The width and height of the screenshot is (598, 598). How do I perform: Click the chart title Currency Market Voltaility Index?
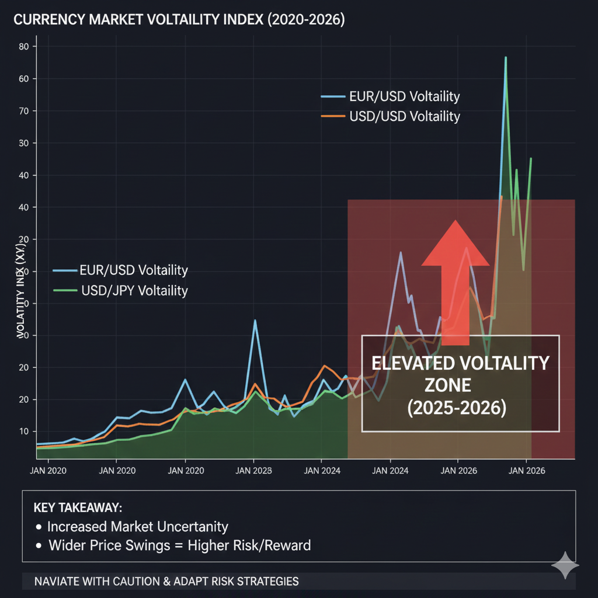[x=179, y=20]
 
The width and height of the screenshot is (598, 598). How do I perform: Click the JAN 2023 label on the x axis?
[x=253, y=470]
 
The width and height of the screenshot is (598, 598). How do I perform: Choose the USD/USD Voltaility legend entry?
[x=404, y=116]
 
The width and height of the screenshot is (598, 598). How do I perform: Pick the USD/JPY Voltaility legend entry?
[x=134, y=290]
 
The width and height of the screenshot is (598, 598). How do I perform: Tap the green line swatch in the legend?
[x=65, y=290]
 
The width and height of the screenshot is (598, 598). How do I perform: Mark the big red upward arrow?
[x=456, y=280]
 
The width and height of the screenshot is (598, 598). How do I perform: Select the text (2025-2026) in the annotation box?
[x=456, y=408]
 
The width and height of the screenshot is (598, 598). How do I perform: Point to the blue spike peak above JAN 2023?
[x=255, y=321]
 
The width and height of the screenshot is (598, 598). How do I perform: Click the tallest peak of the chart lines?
[x=506, y=58]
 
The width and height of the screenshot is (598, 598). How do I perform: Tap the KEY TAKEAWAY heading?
[x=82, y=507]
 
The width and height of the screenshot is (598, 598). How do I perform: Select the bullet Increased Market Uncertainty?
[x=137, y=526]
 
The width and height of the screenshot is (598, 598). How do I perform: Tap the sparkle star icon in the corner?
[x=565, y=565]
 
